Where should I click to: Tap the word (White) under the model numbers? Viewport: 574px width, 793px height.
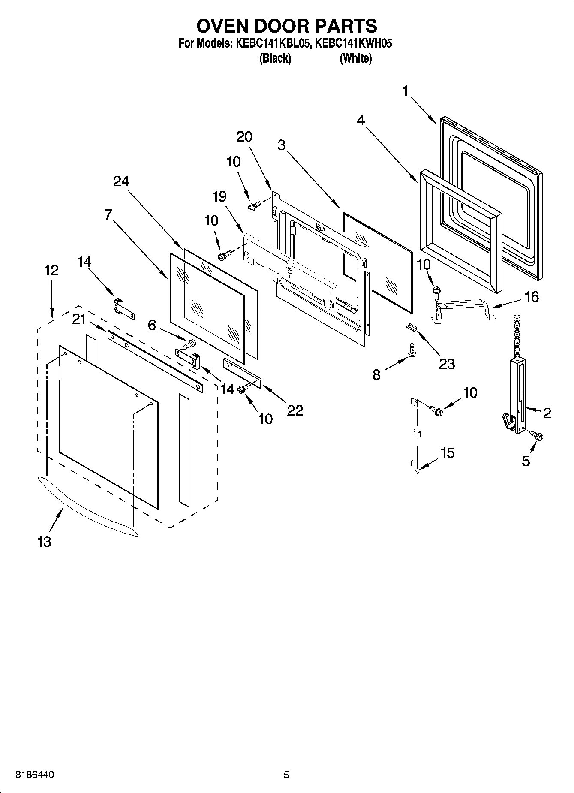tap(355, 58)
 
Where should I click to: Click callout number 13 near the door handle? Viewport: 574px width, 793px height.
tap(44, 542)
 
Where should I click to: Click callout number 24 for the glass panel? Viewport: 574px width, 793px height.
tap(121, 181)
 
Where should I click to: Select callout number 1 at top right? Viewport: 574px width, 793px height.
tap(406, 91)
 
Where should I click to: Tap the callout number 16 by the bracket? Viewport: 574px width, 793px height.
tap(532, 297)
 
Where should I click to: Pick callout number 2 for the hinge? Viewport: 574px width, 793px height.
tap(547, 413)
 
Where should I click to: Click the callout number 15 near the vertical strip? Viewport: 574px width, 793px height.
tap(448, 453)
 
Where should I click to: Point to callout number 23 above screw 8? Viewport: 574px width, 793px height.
tap(446, 364)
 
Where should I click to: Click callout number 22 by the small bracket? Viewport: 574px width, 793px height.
tap(295, 410)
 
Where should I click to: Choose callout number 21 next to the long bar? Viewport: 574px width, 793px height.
tap(79, 320)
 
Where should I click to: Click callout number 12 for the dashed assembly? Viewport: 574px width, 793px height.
tap(51, 271)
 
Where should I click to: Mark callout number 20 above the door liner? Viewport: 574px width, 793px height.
tap(244, 137)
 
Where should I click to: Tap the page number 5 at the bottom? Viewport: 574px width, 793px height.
tap(286, 775)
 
